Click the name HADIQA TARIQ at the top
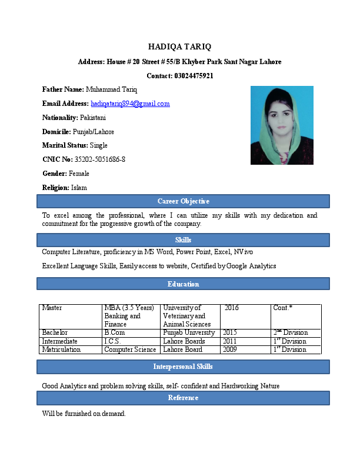point(179,46)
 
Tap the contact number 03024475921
point(194,76)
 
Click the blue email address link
point(130,104)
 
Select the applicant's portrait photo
point(282,125)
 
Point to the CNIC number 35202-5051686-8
point(100,159)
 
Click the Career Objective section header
point(183,201)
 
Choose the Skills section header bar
point(183,240)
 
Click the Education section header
point(183,284)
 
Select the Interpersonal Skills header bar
point(183,367)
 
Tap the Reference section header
point(183,398)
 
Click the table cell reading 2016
point(232,308)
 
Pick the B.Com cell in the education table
point(115,333)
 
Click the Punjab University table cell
point(189,333)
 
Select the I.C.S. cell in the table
point(113,341)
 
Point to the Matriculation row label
point(61,349)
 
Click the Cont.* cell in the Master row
point(283,308)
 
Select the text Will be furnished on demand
point(84,414)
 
